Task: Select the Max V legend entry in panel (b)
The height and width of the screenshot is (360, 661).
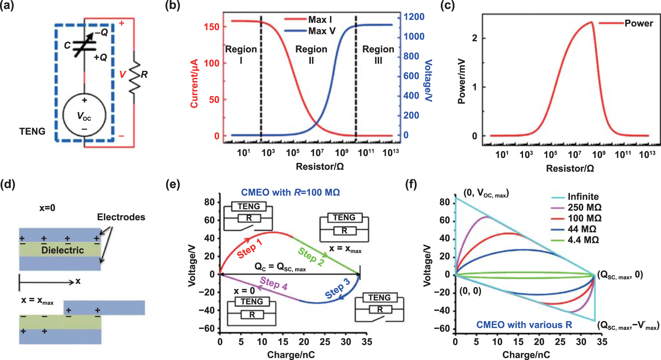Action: pyautogui.click(x=322, y=31)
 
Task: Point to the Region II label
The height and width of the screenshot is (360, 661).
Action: pyautogui.click(x=311, y=54)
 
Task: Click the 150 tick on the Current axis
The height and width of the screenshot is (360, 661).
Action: pyautogui.click(x=212, y=27)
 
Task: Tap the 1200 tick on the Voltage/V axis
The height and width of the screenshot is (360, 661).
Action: pyautogui.click(x=414, y=17)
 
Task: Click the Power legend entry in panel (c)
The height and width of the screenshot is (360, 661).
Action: pyautogui.click(x=638, y=24)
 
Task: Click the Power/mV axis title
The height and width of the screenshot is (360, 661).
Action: pyautogui.click(x=462, y=81)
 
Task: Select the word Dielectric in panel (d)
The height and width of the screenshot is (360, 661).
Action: pyautogui.click(x=63, y=250)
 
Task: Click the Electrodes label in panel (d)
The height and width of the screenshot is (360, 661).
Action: pyautogui.click(x=121, y=217)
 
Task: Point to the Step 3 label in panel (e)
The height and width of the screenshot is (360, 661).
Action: pyautogui.click(x=337, y=289)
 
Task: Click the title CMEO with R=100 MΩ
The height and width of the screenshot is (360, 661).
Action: pyautogui.click(x=290, y=192)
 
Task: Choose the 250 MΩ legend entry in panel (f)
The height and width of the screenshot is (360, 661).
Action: pyautogui.click(x=584, y=207)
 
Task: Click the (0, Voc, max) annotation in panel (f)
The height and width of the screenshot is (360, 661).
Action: pyautogui.click(x=486, y=194)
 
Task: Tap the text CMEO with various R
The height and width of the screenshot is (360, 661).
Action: pyautogui.click(x=524, y=325)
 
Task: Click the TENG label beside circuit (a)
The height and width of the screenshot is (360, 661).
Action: pyautogui.click(x=32, y=131)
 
